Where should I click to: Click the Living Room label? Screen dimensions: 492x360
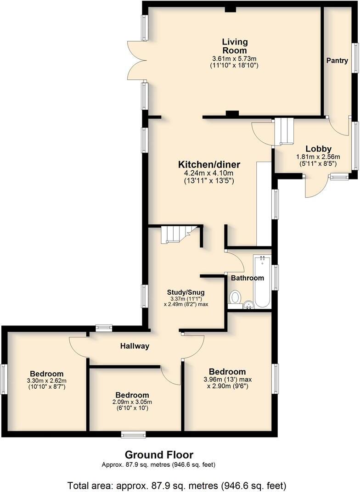point(234,46)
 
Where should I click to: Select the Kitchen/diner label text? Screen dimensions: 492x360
point(209,164)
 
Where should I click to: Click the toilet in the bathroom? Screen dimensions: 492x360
point(235,298)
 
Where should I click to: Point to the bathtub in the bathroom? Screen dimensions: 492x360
point(263,282)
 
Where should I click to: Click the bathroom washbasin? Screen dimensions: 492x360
point(248,304)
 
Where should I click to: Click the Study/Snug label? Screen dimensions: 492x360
point(186,292)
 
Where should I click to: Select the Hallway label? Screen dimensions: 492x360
point(135,346)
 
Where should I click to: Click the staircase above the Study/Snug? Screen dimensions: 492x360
point(177,235)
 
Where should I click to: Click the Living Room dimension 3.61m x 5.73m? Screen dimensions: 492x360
point(234,59)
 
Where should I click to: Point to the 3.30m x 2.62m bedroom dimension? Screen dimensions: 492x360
point(47,380)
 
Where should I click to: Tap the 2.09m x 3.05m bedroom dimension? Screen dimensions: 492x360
point(132,402)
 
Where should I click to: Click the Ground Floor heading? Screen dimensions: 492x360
point(159,455)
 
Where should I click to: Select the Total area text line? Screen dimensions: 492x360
point(177,485)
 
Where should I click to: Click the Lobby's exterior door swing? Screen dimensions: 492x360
point(316,187)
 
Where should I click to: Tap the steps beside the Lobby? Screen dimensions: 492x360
point(283,131)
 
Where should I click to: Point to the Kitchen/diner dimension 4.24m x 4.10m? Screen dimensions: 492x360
point(209,173)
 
